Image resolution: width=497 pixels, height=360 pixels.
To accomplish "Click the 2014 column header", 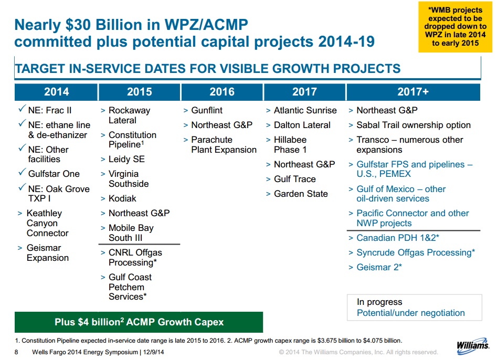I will click(56, 92).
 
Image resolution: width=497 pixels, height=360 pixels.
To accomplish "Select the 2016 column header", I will click(222, 92).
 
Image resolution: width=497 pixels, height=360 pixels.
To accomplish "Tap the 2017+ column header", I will click(413, 92).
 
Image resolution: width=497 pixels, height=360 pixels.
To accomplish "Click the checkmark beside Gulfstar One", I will click(21, 173).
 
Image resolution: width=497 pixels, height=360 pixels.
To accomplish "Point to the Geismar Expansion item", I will click(47, 253).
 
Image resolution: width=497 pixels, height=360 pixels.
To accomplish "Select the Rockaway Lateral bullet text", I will click(129, 115).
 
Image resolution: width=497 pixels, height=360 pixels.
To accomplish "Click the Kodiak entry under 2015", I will click(122, 198).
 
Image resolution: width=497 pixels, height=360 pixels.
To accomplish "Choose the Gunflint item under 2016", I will click(207, 111).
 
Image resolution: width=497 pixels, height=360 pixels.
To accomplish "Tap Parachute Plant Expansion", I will click(224, 145).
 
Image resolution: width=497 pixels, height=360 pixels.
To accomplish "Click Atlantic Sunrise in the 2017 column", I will click(305, 111).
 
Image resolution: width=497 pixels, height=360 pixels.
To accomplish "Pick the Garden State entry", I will click(301, 194).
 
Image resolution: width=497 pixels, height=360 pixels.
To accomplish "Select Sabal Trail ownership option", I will click(414, 125).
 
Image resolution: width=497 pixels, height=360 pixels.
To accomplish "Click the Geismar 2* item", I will click(379, 267).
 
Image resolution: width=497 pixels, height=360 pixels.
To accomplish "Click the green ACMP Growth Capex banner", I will click(139, 322).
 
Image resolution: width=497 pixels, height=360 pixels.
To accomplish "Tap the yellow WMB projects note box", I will click(455, 26).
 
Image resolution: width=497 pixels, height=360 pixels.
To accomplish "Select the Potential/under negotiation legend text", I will click(410, 313).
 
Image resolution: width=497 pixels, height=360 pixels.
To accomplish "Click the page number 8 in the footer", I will click(17, 352).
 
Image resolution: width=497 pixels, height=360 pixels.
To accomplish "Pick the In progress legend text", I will click(379, 302).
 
